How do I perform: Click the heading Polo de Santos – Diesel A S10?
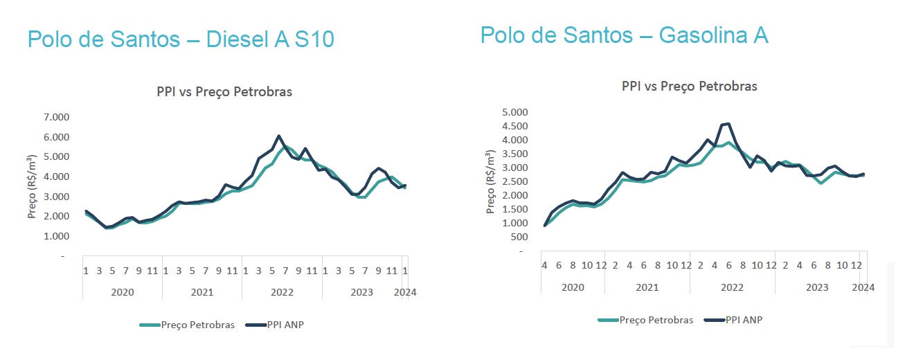181,39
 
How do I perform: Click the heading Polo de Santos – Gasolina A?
624,35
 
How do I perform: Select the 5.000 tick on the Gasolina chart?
515,112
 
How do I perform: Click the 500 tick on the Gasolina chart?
521,237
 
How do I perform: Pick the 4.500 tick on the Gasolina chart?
515,126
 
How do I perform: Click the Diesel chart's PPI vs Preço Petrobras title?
224,92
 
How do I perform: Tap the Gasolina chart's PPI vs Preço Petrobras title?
689,87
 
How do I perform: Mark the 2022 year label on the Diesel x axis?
282,292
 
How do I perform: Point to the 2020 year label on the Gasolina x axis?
573,287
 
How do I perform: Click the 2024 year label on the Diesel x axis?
405,292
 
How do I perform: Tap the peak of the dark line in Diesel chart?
278,136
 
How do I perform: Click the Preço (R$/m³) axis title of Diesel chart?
33,186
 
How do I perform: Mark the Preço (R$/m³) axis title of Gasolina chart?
492,182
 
